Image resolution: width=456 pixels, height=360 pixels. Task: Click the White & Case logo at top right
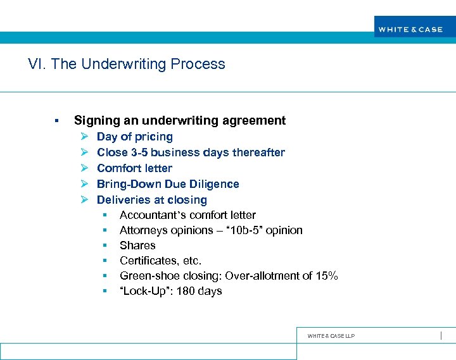pyautogui.click(x=410, y=29)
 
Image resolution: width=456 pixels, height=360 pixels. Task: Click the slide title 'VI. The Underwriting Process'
pyautogui.click(x=127, y=64)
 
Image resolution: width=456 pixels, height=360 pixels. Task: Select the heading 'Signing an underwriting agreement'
pyautogui.click(x=180, y=120)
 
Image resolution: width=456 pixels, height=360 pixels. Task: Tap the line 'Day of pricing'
pyautogui.click(x=134, y=137)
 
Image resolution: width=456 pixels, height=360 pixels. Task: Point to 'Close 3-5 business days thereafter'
pyautogui.click(x=191, y=152)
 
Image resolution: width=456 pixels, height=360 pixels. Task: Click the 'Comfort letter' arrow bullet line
pyautogui.click(x=134, y=168)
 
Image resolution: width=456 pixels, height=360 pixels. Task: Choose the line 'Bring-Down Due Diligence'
pyautogui.click(x=168, y=184)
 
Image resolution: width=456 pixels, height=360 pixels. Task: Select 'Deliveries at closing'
pyautogui.click(x=151, y=200)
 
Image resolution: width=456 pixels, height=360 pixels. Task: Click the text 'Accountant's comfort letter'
pyautogui.click(x=187, y=215)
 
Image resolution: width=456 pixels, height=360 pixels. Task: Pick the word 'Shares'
pyautogui.click(x=137, y=245)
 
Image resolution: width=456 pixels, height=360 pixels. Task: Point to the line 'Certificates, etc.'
pyautogui.click(x=160, y=261)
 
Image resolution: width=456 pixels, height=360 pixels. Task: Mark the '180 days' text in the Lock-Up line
pyautogui.click(x=200, y=291)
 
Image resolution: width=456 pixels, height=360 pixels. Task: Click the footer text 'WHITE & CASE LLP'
pyautogui.click(x=331, y=336)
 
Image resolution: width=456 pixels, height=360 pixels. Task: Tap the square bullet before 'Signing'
pyautogui.click(x=56, y=121)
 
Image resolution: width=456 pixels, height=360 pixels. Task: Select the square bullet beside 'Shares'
pyautogui.click(x=105, y=245)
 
